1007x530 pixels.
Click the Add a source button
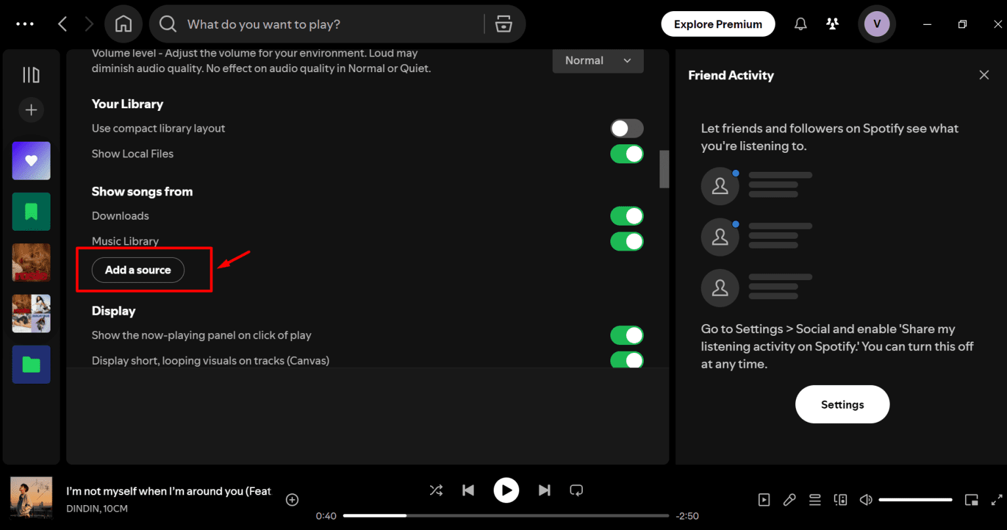pos(138,270)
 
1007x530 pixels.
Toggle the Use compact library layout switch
pos(627,129)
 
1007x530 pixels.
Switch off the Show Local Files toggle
pos(627,154)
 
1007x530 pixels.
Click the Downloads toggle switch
pos(627,216)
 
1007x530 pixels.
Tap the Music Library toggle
pos(627,241)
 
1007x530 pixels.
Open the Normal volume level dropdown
pos(598,60)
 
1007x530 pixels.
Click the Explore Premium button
pos(718,24)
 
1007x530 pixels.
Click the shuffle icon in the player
pos(436,490)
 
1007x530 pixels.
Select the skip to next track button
pos(544,490)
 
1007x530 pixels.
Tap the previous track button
pos(468,490)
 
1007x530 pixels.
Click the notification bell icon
pos(800,24)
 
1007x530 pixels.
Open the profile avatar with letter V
pos(877,24)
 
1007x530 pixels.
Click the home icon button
pos(123,24)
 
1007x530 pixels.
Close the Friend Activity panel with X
pos(984,75)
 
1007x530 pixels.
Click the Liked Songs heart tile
pos(31,161)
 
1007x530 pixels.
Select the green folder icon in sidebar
pos(31,364)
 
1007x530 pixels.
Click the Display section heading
pos(113,311)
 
